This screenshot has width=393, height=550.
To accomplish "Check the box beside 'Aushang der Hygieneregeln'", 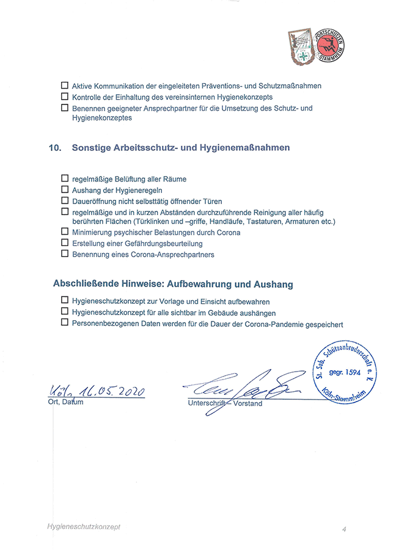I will tap(65, 190).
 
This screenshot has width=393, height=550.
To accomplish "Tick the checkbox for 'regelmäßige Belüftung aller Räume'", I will tap(65, 179).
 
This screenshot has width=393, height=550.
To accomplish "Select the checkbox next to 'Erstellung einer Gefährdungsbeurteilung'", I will tap(65, 243).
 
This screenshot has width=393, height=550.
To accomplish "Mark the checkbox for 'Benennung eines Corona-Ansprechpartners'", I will tap(65, 254).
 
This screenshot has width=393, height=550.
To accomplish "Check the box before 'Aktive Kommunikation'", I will tap(65, 86).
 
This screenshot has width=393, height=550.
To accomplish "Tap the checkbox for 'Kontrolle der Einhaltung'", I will tap(65, 97).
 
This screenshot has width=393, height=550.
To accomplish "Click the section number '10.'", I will tap(56, 148).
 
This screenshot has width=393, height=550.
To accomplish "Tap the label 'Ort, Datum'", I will tap(65, 402).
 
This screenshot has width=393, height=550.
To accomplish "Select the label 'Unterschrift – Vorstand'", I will tap(225, 404).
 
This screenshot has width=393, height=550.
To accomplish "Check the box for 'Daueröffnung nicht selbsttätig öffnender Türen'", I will tap(65, 200).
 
